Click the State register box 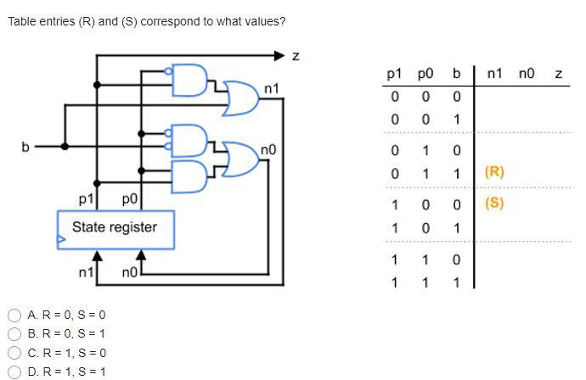point(115,228)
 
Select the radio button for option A point(14,315)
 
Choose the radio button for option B point(14,333)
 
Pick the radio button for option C point(14,353)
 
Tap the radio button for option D point(14,372)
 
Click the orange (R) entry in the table point(494,171)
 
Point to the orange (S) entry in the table point(494,204)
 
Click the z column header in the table point(558,75)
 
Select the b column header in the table point(456,75)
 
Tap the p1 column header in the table point(394,75)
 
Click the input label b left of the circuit point(25,147)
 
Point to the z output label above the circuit point(296,57)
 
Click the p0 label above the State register point(129,199)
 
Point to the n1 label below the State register point(86,272)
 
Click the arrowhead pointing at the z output point(280,56)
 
